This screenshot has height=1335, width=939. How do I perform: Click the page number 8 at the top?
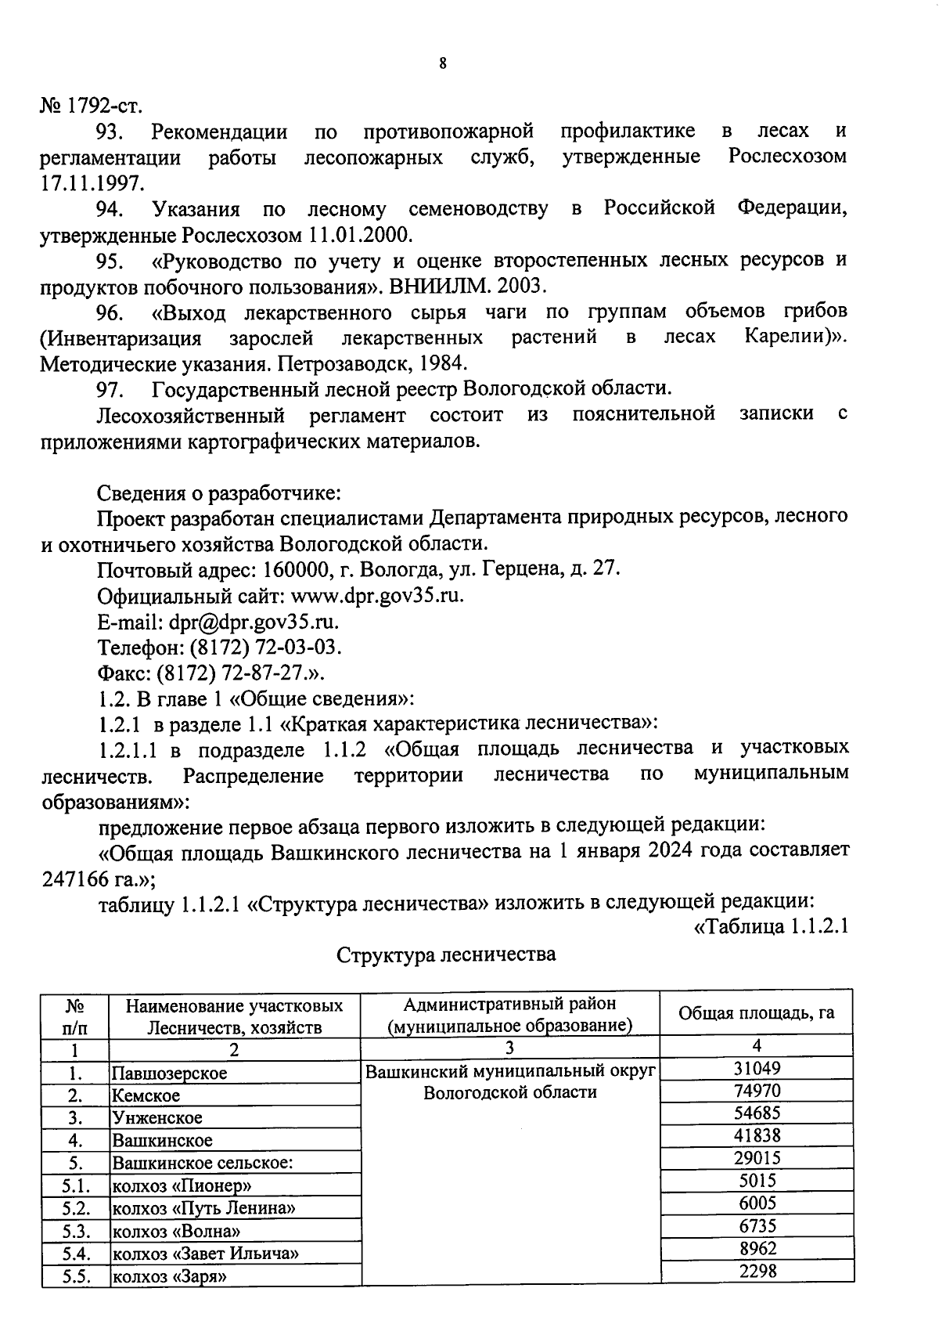(443, 63)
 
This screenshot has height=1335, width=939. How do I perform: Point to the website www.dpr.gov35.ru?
(377, 596)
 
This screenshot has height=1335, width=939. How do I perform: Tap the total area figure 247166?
(79, 879)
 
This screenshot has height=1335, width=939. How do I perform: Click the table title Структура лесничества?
(446, 954)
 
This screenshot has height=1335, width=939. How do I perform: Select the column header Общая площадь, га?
(756, 1012)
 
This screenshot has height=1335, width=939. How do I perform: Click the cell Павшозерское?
(169, 1073)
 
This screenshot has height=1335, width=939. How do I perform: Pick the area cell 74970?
(757, 1091)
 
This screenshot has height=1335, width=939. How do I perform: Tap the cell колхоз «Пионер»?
(182, 1185)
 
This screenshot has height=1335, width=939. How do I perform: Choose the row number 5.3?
(74, 1231)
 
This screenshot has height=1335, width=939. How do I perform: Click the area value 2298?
(757, 1271)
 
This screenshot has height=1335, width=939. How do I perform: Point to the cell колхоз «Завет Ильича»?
(206, 1254)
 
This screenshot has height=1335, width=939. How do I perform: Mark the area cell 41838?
(757, 1135)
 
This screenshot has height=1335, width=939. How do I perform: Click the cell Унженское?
(156, 1118)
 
